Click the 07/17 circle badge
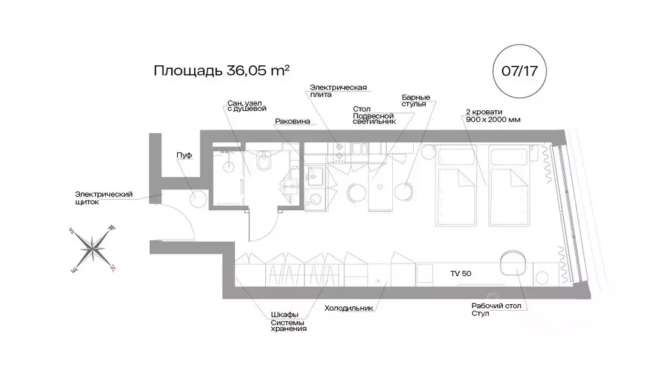[x=519, y=70]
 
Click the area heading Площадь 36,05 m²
[x=222, y=70]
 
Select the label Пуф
[x=184, y=155]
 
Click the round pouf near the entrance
[x=199, y=198]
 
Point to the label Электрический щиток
[x=104, y=198]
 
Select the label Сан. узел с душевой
[x=247, y=106]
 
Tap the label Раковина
[x=292, y=121]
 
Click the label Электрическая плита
[x=338, y=91]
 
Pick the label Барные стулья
[x=415, y=101]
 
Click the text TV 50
[x=460, y=273]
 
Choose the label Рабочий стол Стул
[x=496, y=309]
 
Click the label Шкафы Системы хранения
[x=288, y=321]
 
